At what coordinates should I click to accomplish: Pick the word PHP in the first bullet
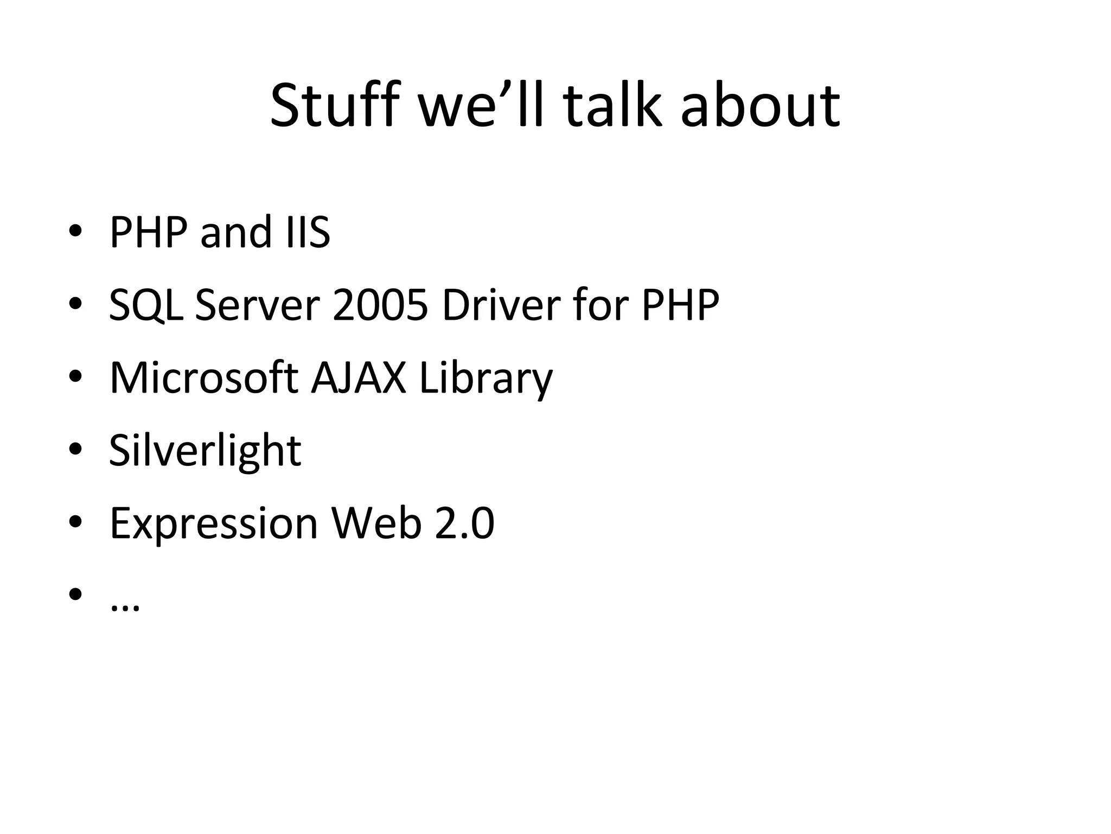pos(148,232)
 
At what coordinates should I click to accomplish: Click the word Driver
pos(501,305)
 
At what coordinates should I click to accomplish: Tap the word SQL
pos(145,305)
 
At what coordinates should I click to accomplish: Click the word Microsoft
pos(203,378)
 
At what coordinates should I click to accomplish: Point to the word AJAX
pos(358,378)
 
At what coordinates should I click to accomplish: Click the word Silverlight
pos(205,451)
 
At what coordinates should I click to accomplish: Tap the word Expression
pos(213,525)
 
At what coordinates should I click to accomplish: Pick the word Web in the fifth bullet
pos(376,523)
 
